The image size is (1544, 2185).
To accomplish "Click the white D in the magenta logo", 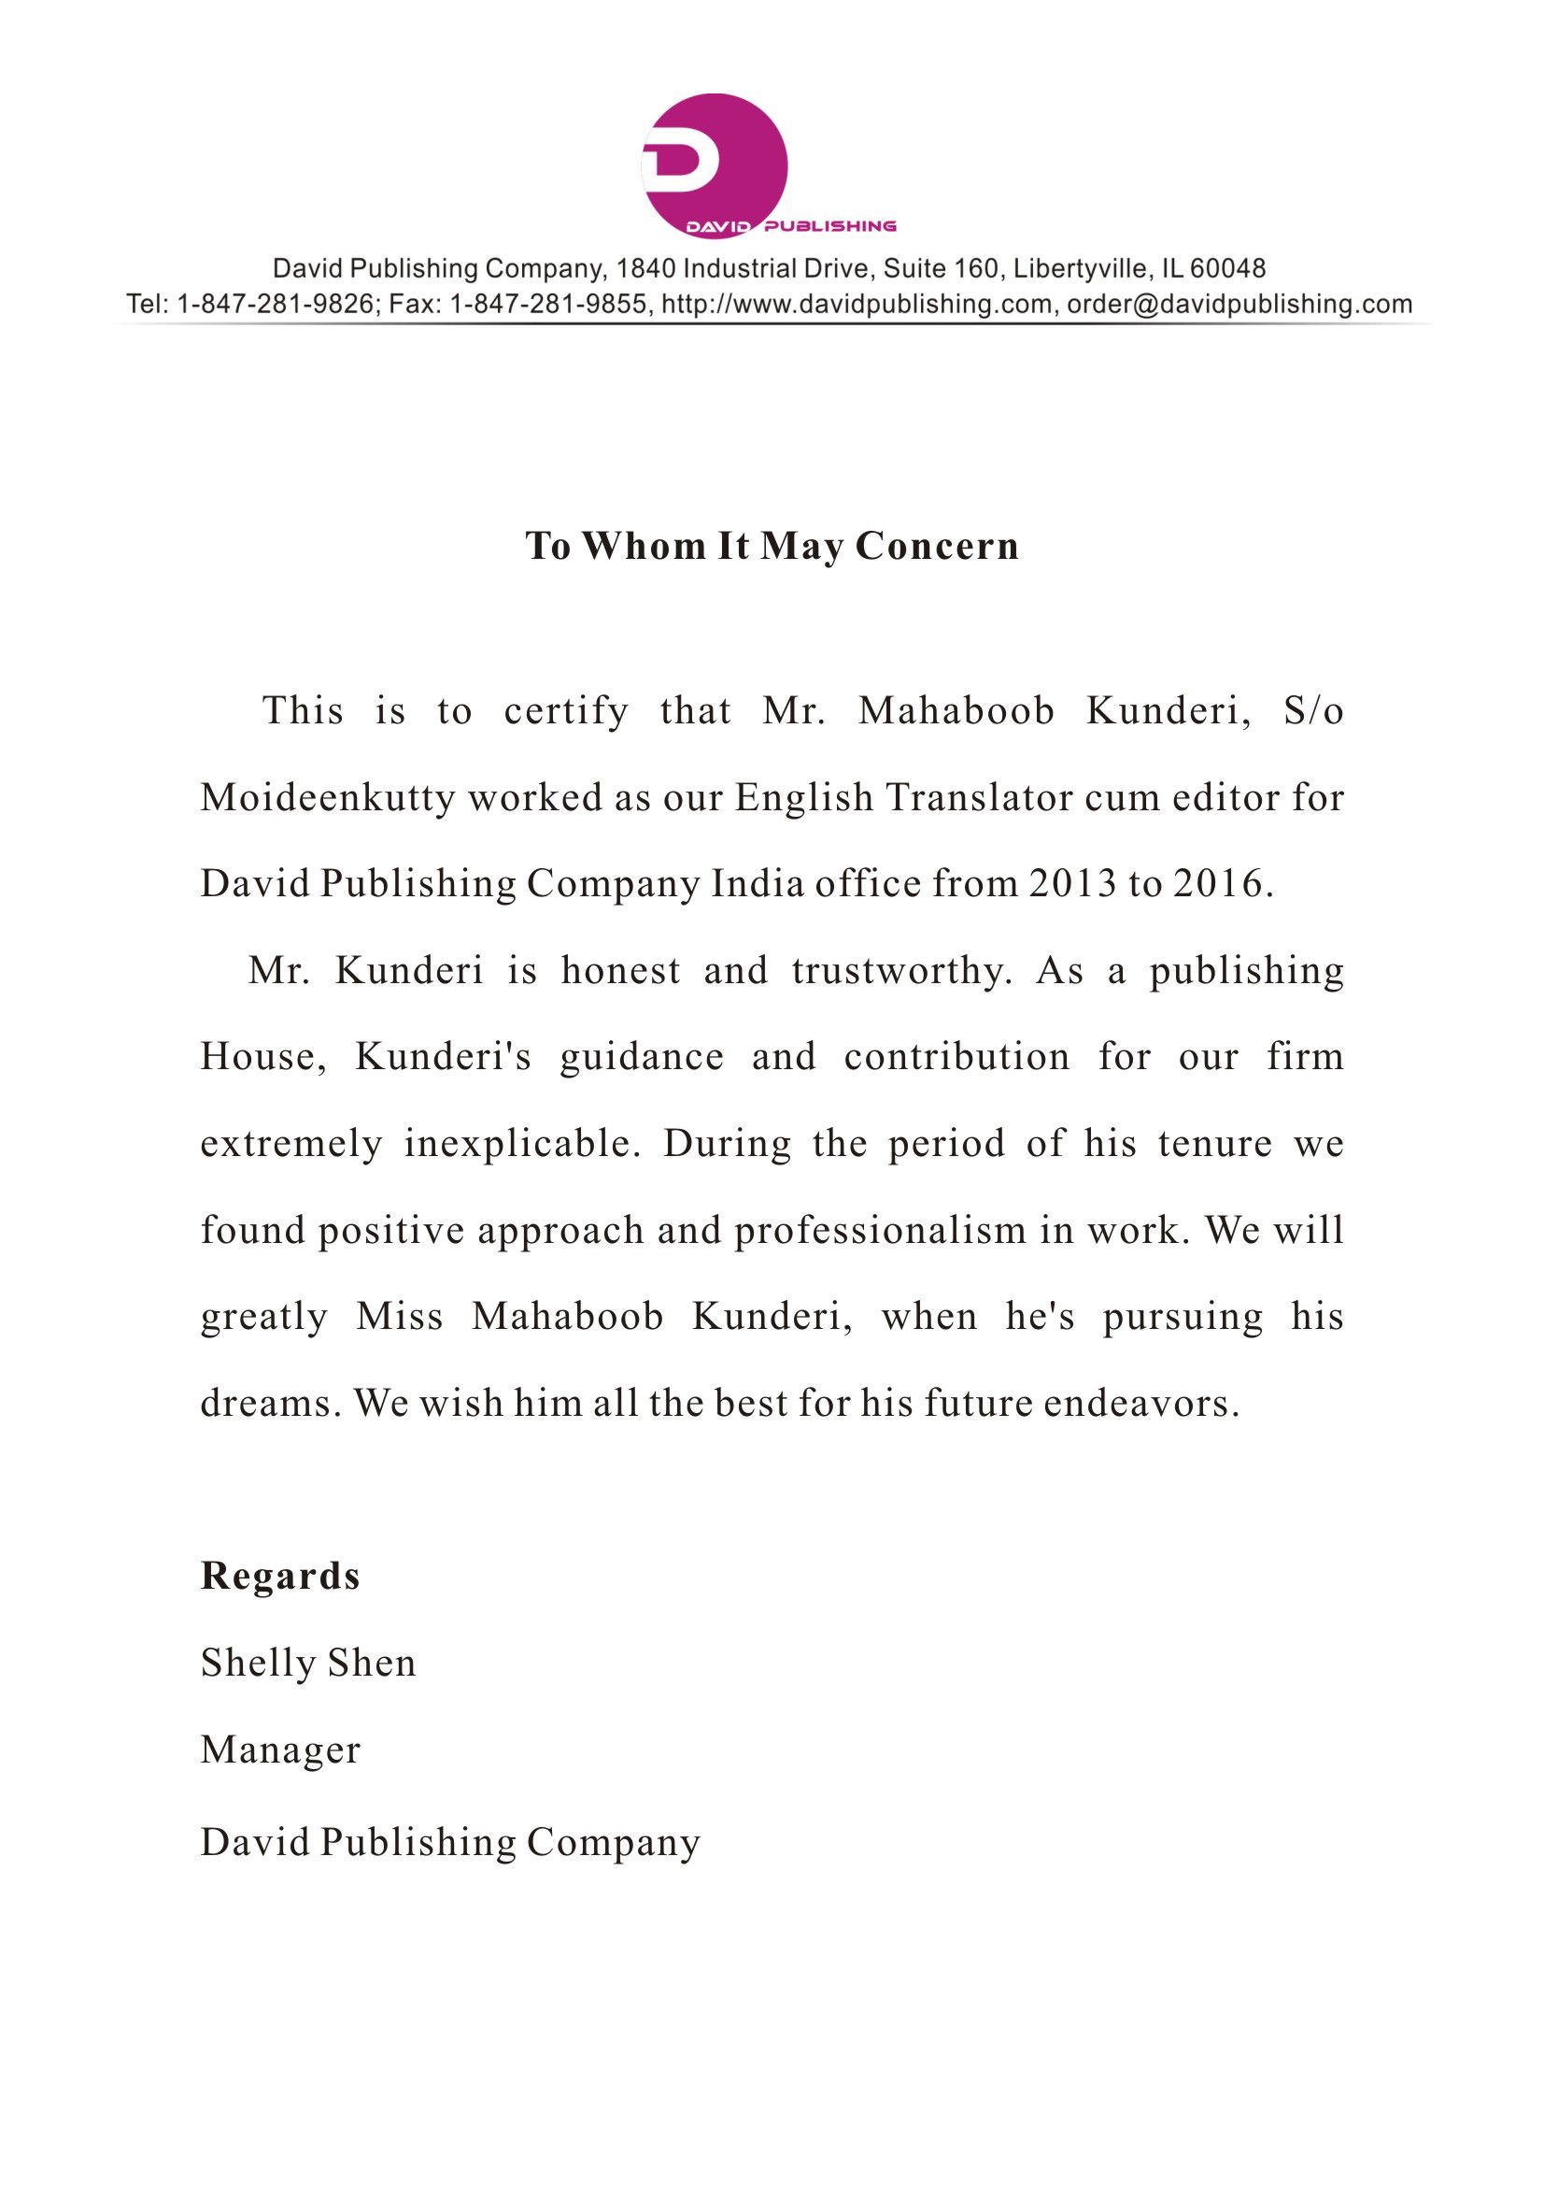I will [x=682, y=161].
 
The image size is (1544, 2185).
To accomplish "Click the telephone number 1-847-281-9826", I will [x=276, y=305].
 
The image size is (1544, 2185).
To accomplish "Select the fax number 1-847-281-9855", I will [x=550, y=305].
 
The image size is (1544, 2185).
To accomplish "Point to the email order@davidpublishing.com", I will [x=1239, y=305].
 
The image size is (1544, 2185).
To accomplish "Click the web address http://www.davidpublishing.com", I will [x=857, y=305].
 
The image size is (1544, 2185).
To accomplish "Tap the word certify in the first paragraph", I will [x=566, y=711].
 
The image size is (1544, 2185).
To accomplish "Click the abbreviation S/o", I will [x=1313, y=711].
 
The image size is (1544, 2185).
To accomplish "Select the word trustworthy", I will [x=901, y=971].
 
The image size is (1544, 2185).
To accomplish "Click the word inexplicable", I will [x=519, y=1143].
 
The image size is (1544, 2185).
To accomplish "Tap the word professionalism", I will [x=880, y=1231].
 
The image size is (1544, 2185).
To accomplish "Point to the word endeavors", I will [x=1140, y=1403].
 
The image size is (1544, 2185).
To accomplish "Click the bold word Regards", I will [x=280, y=1576].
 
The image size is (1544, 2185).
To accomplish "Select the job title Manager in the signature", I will [x=280, y=1749].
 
